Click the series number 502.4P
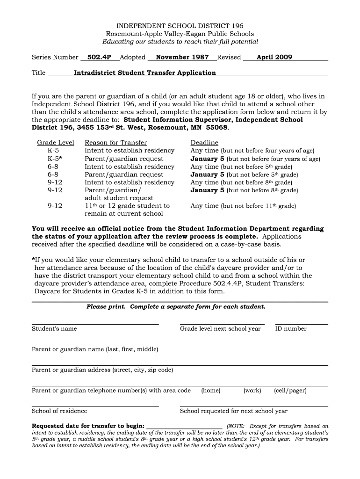pos(99,58)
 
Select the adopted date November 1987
pos(182,58)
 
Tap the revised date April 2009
pos(274,58)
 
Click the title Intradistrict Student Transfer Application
pos(145,73)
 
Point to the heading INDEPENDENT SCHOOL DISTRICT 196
pos(180,26)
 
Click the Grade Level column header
pos(56,143)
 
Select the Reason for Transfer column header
pos(115,143)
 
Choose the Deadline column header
pos(204,143)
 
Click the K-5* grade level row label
pos(55,159)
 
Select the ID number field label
pos(291,329)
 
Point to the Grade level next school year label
pos(220,329)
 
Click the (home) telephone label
pos(210,391)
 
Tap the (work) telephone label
pos(252,391)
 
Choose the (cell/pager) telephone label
pos(290,391)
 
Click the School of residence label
pos(59,411)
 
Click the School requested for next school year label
pos(234,411)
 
